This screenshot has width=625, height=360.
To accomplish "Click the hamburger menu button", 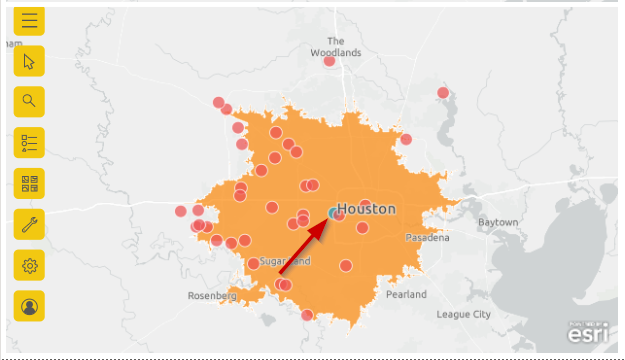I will point(30,20).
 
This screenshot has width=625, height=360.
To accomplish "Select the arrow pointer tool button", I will point(30,61).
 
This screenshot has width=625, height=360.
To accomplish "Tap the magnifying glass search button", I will point(30,101).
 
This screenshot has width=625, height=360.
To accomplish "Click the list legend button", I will point(30,142).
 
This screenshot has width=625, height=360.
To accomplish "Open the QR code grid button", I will point(30,183).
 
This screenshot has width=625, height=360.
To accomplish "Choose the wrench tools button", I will point(30,224).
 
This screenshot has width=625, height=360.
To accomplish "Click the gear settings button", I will point(30,265).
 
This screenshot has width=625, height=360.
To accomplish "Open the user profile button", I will point(30,306).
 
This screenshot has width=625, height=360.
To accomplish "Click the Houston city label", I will point(366,209).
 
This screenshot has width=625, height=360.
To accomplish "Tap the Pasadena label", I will point(427,238).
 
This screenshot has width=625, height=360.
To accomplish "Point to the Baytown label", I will point(497,221).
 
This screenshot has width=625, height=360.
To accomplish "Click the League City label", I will point(464,314).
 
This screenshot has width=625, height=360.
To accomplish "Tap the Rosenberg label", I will point(212,296).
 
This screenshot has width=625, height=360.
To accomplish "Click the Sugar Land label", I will point(285,261).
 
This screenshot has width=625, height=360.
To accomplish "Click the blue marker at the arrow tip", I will point(332,212).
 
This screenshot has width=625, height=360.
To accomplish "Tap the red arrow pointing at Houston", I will point(301,246).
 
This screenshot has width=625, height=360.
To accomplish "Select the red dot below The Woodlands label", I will point(329,61).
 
